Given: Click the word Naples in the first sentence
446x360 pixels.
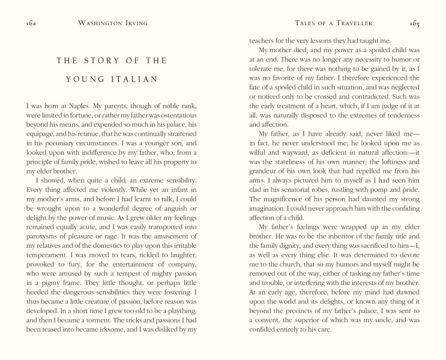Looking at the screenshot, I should tap(76, 106).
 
